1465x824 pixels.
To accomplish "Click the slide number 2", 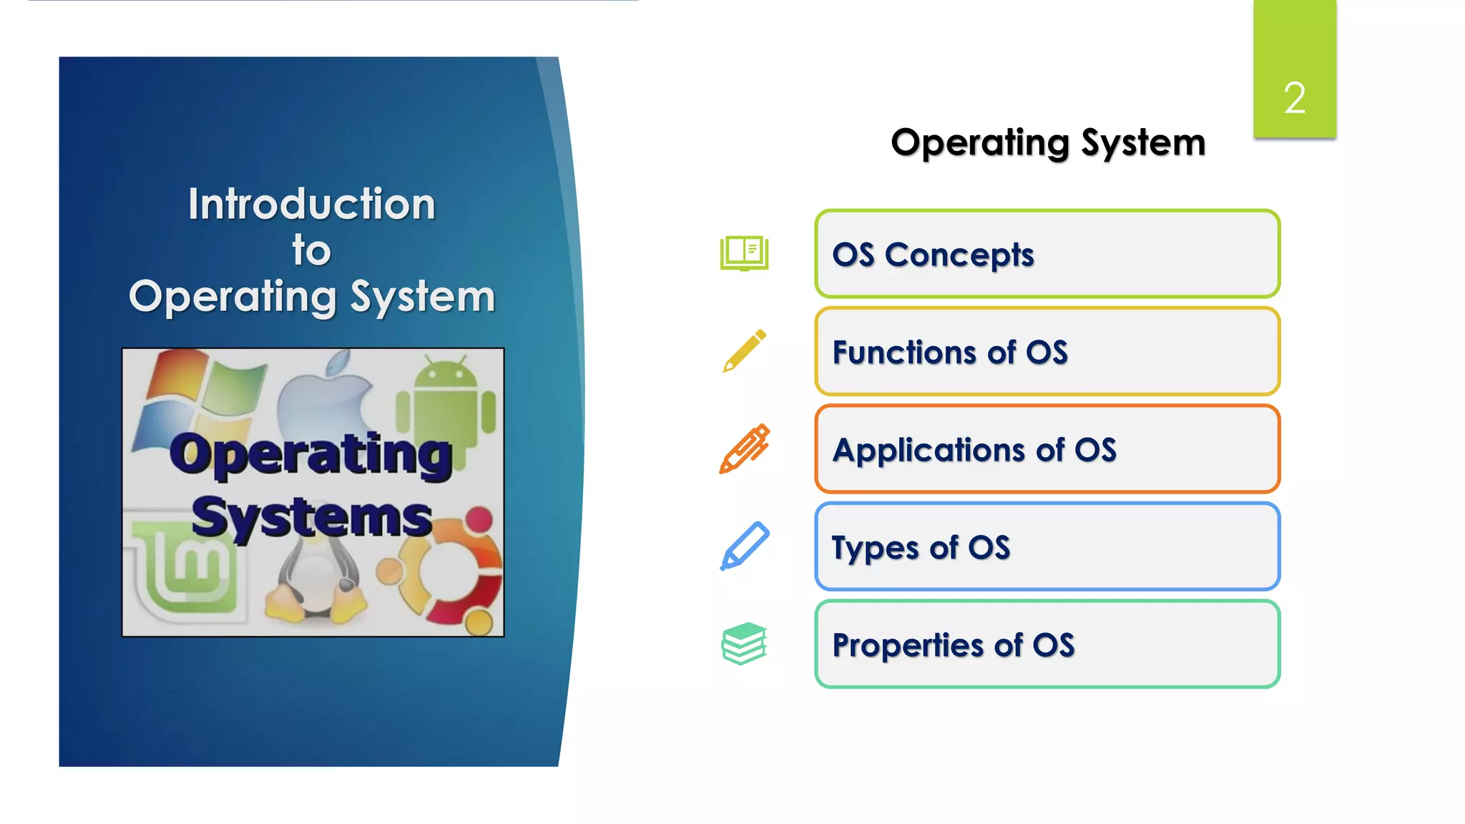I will [1294, 97].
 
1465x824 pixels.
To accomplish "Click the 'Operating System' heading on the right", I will [1047, 142].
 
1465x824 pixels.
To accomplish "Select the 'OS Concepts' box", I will [1047, 254].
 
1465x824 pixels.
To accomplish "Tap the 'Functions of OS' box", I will [1047, 351].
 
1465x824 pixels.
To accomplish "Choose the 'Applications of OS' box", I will [1047, 449].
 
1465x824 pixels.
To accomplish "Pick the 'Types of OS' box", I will [1047, 546].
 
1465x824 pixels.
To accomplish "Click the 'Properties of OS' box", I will [1047, 644].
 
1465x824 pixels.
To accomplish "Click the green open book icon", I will [744, 253].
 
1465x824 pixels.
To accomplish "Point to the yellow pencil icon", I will [744, 350].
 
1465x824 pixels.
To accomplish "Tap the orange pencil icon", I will [744, 448].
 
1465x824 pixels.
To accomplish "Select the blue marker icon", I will [744, 546].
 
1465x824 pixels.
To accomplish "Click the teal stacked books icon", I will [744, 643].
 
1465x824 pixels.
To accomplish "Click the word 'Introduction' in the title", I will [312, 204].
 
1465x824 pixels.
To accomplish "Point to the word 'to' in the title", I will [311, 250].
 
